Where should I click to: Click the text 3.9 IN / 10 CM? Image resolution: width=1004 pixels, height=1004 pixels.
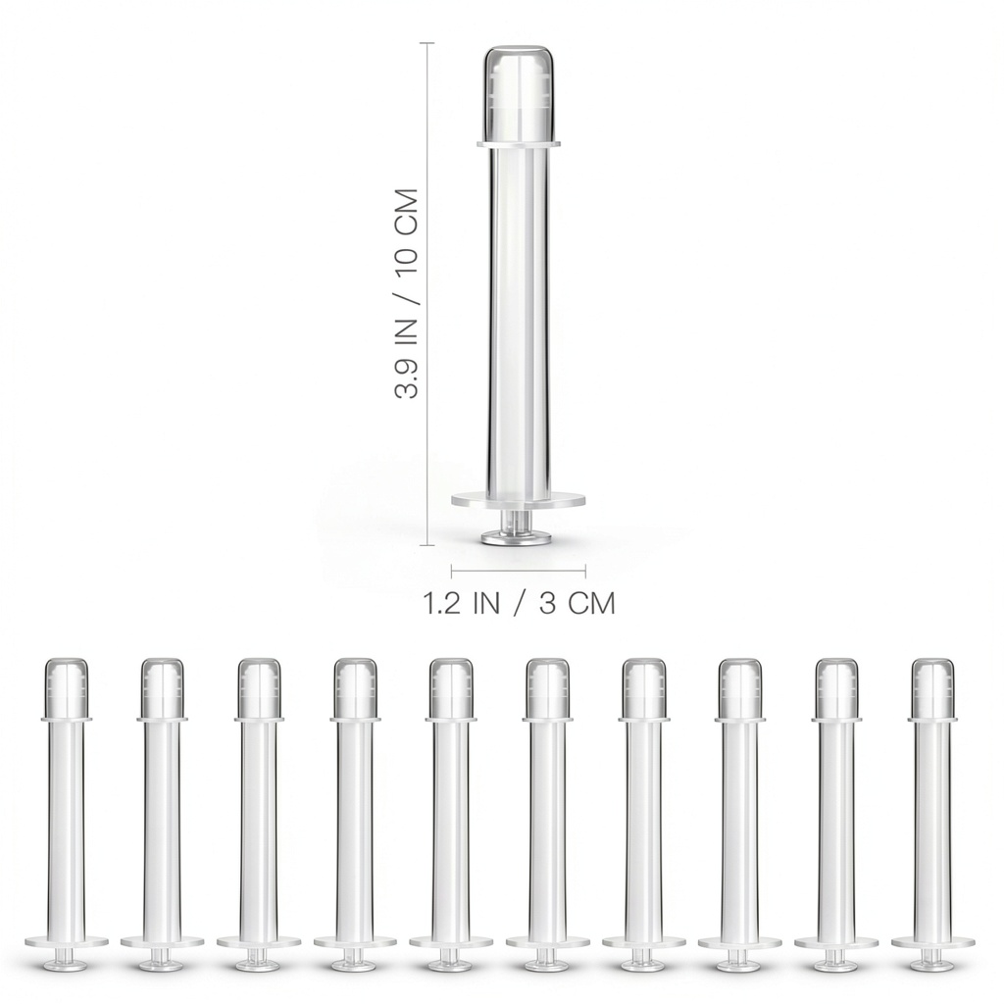click(407, 294)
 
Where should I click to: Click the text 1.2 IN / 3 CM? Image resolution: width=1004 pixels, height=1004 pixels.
click(519, 603)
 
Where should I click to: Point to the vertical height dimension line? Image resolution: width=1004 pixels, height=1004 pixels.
click(427, 294)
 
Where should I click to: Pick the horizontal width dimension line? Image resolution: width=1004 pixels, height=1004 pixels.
click(519, 570)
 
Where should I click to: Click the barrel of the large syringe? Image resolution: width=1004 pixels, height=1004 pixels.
click(518, 321)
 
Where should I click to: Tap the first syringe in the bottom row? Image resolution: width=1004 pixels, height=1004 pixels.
click(66, 813)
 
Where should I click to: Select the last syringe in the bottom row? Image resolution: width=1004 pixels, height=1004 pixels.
click(933, 813)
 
